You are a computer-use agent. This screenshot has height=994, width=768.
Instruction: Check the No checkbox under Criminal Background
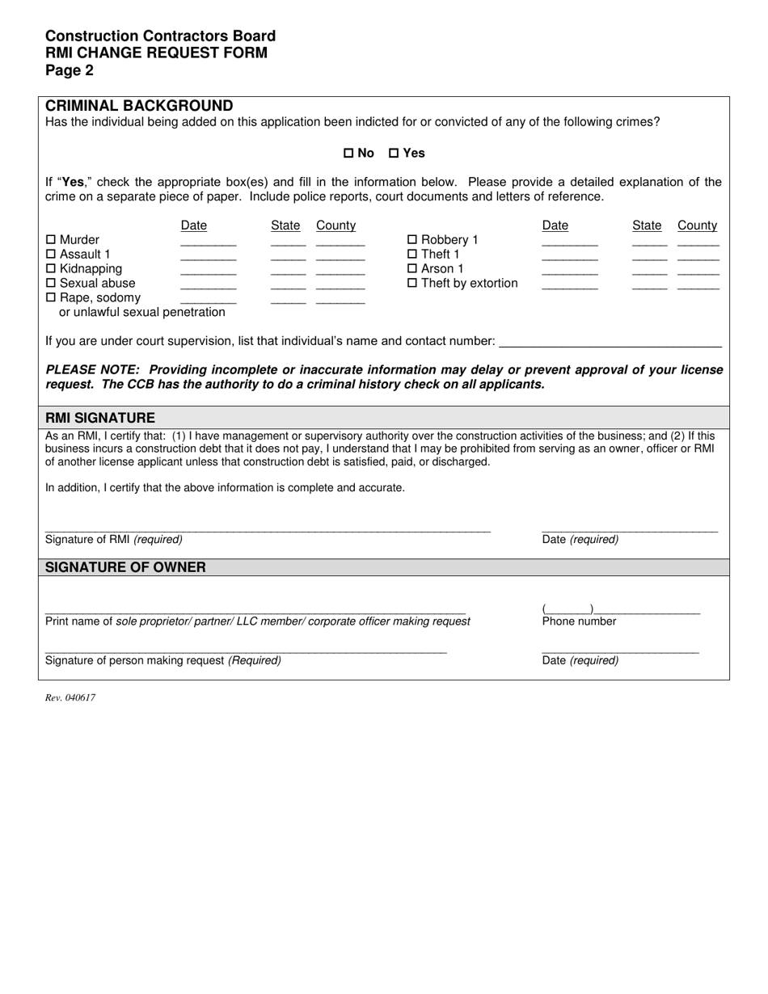tap(349, 153)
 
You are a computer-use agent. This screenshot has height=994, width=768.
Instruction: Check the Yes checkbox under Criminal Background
tap(395, 153)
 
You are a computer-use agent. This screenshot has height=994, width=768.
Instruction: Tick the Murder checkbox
tap(52, 240)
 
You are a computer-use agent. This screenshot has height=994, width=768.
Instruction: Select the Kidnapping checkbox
tap(52, 269)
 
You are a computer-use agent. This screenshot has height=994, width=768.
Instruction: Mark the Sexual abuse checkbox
tap(52, 284)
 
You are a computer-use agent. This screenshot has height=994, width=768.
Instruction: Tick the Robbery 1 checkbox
tap(412, 240)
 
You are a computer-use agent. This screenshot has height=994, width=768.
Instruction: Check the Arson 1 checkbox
tap(412, 269)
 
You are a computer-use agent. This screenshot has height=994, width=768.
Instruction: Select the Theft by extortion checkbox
tap(412, 284)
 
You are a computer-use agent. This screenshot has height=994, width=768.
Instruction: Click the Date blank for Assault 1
tap(208, 257)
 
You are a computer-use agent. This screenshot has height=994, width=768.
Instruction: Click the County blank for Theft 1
tap(698, 257)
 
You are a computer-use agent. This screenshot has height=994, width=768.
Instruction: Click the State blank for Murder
tap(288, 242)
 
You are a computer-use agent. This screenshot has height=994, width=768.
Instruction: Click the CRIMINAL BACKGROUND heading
tap(139, 106)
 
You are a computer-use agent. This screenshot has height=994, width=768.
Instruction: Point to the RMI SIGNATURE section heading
tap(100, 418)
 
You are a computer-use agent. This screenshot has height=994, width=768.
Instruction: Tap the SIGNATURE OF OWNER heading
tap(125, 567)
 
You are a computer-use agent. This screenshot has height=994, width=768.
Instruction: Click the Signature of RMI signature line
tap(268, 529)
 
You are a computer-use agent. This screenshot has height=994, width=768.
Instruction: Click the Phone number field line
tap(620, 612)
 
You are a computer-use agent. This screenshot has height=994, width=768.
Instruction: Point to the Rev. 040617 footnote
tap(70, 698)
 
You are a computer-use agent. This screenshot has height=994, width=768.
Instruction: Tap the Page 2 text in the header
tap(70, 71)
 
